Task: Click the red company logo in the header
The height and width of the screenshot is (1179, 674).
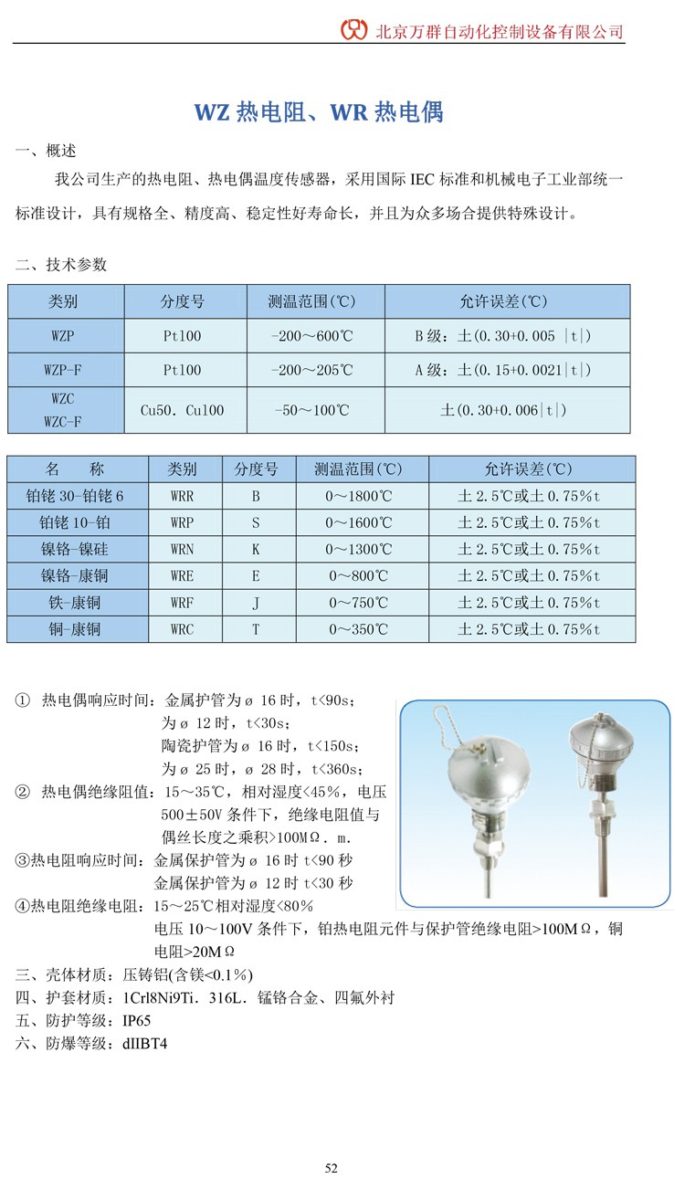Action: coord(354,29)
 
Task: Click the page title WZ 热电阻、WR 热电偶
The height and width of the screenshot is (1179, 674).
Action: coord(319,112)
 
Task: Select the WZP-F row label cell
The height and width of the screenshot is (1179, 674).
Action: coord(66,370)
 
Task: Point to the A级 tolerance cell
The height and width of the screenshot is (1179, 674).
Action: coord(506,370)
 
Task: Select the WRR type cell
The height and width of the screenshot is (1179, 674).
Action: coord(183,496)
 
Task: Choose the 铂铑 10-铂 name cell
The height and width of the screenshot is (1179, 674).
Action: coord(77,522)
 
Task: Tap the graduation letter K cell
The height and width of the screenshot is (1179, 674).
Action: coord(257,549)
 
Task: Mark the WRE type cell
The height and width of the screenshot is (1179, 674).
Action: coord(183,576)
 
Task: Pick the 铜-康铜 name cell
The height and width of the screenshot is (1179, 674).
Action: coord(77,629)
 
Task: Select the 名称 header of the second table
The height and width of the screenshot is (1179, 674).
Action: coord(77,469)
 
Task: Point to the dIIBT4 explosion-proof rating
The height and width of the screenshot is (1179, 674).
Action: coord(144,1042)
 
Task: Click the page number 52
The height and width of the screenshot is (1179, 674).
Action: coord(332,1168)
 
